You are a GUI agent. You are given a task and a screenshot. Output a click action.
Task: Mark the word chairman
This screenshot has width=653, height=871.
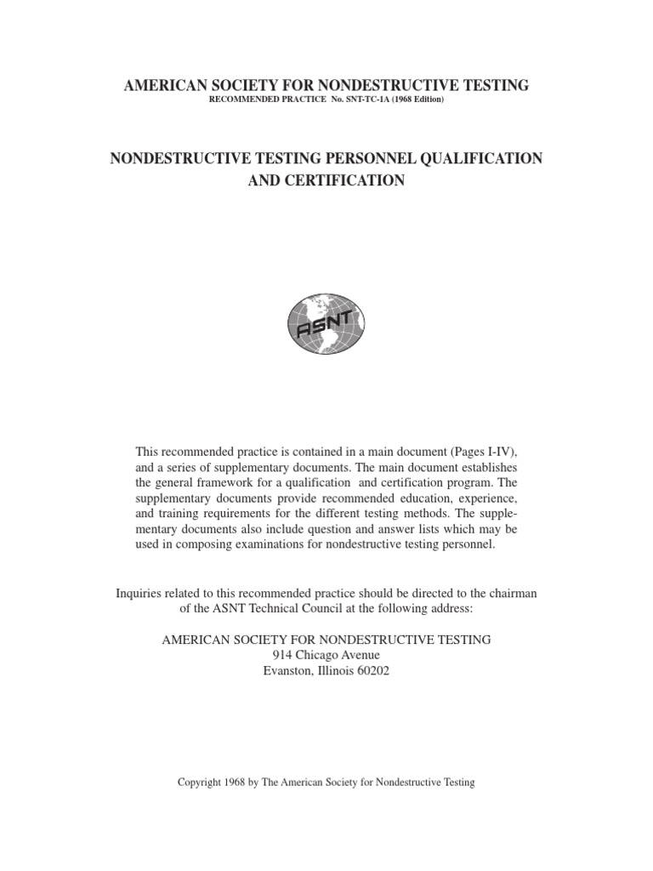tap(512, 593)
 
